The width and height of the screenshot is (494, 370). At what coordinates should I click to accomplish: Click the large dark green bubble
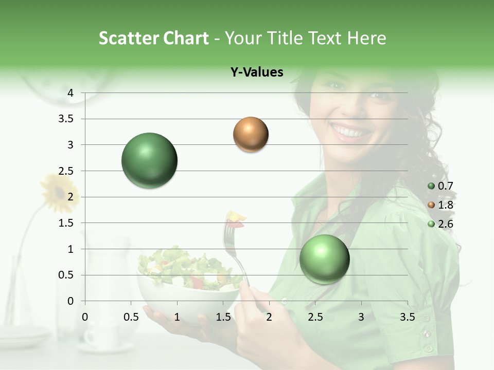tap(149, 160)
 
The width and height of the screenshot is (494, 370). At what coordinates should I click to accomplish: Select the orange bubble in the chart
tap(251, 135)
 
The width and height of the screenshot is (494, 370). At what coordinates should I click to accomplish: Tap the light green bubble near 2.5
tap(324, 259)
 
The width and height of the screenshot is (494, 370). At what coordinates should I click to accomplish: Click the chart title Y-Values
tap(257, 72)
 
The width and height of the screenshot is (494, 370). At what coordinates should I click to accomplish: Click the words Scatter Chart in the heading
tap(153, 38)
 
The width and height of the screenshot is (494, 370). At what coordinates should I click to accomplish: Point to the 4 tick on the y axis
tap(70, 93)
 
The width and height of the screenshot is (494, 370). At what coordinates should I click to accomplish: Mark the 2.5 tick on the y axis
tap(66, 171)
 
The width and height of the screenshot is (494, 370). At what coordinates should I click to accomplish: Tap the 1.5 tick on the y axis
tap(66, 223)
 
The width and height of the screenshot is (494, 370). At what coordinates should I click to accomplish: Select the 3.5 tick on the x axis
tap(408, 317)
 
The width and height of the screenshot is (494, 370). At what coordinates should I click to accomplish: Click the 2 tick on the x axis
tap(269, 317)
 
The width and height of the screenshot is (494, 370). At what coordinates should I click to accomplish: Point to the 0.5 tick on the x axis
tap(131, 317)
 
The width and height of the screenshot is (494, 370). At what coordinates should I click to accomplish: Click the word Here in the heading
tap(366, 38)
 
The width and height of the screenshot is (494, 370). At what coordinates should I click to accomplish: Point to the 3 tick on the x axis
tap(361, 317)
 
